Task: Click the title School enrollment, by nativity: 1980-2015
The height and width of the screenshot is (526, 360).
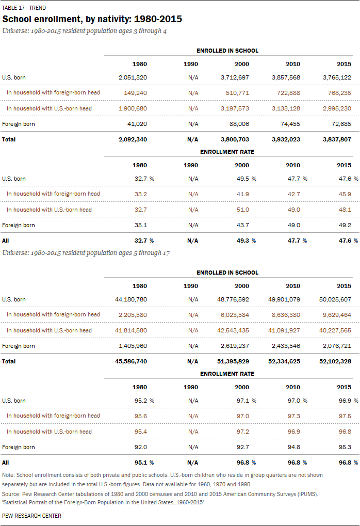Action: (92, 19)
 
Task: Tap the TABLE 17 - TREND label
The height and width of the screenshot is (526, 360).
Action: (24, 8)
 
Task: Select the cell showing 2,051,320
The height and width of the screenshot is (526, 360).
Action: (133, 77)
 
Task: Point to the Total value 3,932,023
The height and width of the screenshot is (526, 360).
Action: (285, 139)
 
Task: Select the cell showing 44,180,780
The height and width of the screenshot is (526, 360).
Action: (130, 299)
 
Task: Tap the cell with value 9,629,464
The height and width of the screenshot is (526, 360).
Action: (337, 314)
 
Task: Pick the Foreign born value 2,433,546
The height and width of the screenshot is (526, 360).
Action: (285, 346)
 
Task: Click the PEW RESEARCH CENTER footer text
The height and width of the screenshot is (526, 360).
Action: (32, 516)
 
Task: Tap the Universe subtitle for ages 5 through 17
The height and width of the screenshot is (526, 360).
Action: (86, 253)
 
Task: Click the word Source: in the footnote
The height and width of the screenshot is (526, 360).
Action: (11, 494)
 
